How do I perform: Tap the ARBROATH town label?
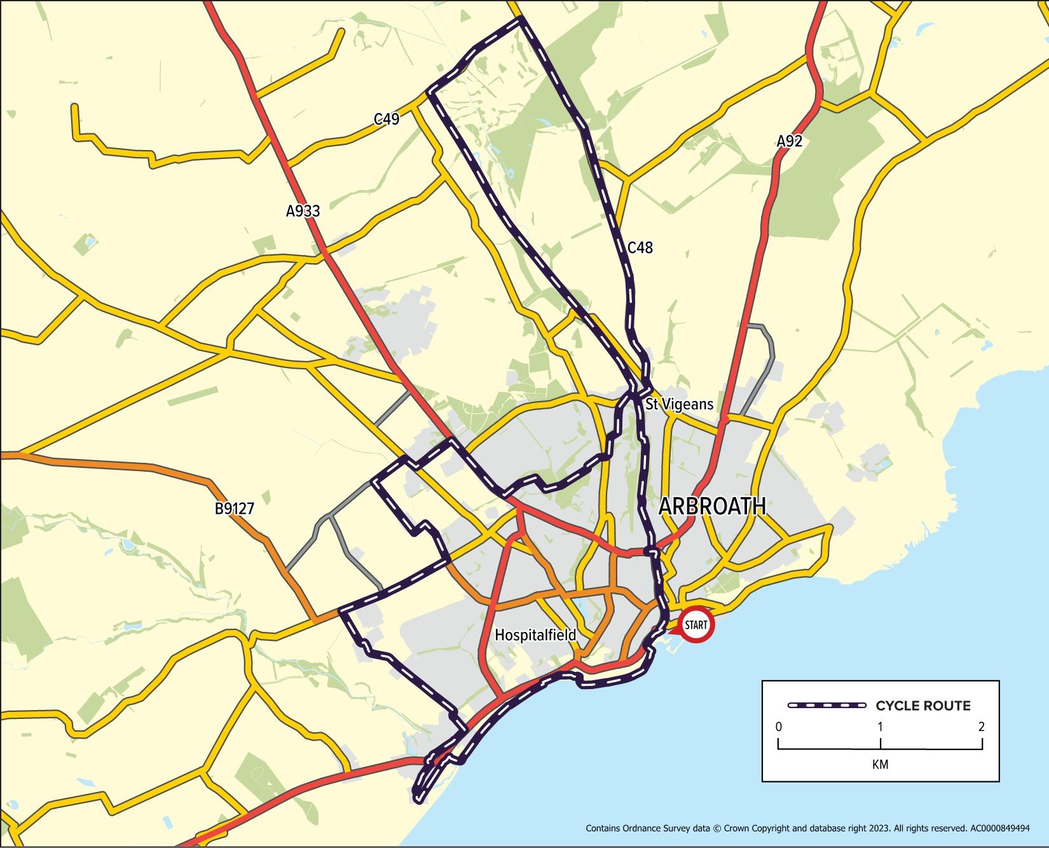click(x=711, y=507)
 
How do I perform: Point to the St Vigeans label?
click(x=679, y=404)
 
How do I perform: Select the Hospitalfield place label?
click(x=535, y=635)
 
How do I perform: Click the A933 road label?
click(x=303, y=211)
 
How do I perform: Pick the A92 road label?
click(x=789, y=141)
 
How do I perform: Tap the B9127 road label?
click(x=234, y=509)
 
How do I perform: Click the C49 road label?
click(x=386, y=119)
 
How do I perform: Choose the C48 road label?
click(x=640, y=248)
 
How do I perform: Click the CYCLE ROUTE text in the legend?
click(x=923, y=706)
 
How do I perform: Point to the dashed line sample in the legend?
click(x=826, y=706)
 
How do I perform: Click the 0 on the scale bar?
click(x=779, y=727)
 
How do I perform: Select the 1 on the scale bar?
click(x=880, y=727)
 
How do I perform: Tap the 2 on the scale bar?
click(x=982, y=727)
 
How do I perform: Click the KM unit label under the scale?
click(x=880, y=764)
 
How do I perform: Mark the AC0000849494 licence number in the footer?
click(x=999, y=828)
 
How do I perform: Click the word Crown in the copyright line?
click(x=736, y=828)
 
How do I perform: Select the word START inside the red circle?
click(x=696, y=626)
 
